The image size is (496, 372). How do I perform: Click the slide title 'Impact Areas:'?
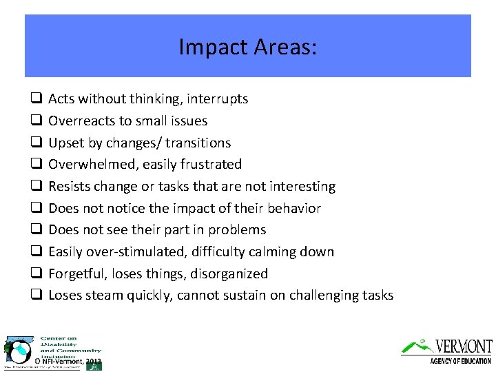click(248, 47)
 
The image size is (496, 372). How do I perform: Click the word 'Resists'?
click(70, 187)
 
